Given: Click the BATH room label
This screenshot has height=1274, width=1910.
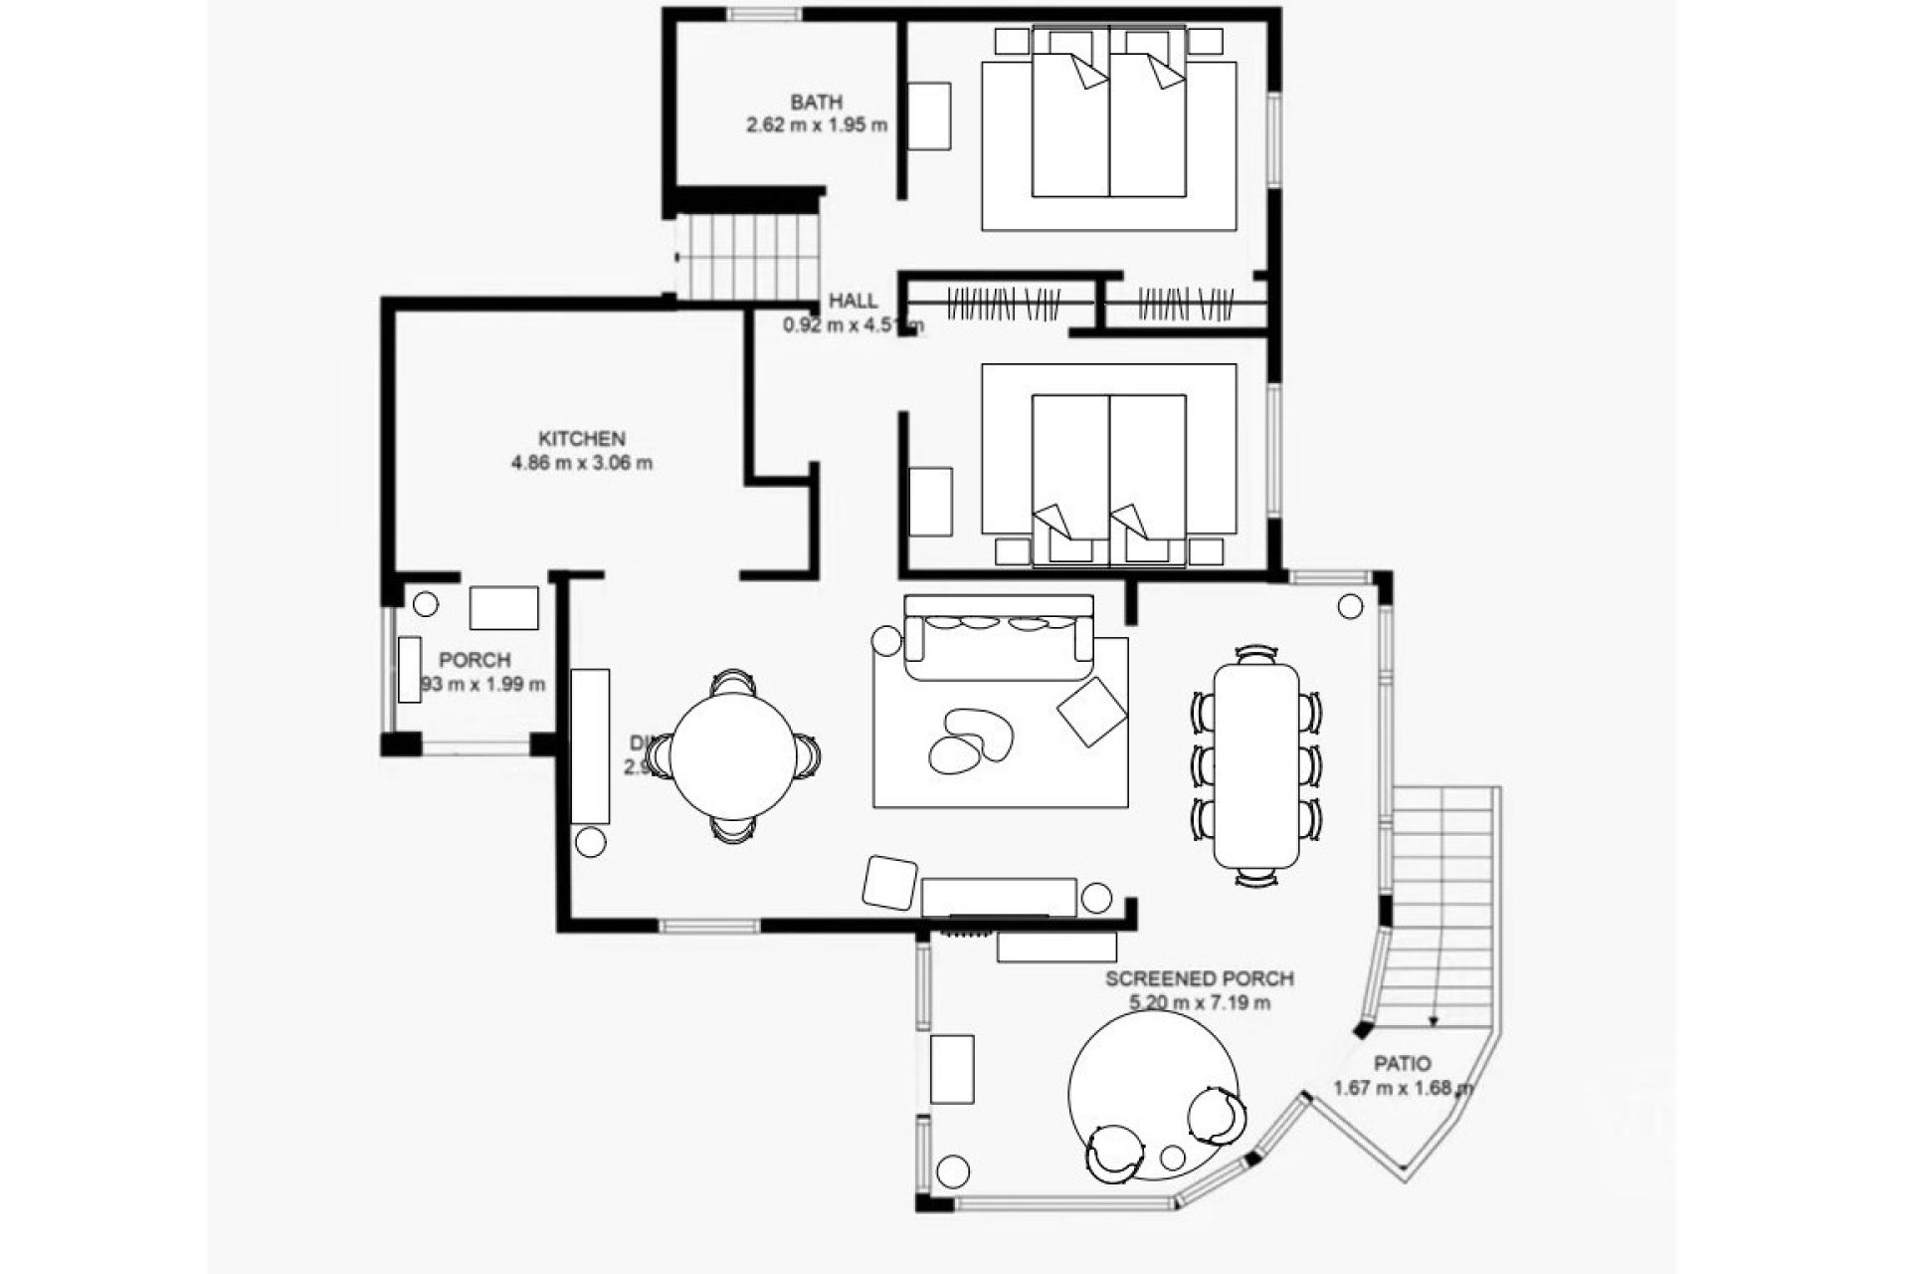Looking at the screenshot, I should click(x=816, y=102).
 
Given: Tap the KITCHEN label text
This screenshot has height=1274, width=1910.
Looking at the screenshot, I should click(x=582, y=439).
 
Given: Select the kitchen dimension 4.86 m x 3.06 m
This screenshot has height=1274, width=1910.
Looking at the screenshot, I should click(x=582, y=463).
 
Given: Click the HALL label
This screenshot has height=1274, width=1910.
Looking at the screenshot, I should click(x=854, y=301).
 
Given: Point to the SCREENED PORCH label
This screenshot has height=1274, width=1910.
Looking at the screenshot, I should click(x=1200, y=979).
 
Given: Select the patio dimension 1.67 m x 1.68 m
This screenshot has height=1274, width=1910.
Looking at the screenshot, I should click(x=1404, y=1088).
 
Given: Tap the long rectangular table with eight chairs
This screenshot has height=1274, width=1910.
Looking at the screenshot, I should click(x=1256, y=764).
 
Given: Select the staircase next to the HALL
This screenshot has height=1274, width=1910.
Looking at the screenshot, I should click(x=748, y=257).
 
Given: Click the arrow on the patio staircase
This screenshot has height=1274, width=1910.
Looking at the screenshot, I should click(x=1433, y=1018).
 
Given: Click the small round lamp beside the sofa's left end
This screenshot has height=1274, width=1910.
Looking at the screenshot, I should click(x=884, y=641).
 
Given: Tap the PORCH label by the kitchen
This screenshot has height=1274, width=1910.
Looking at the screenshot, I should click(x=475, y=660).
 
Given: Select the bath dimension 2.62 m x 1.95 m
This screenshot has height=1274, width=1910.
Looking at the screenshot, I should click(x=816, y=125).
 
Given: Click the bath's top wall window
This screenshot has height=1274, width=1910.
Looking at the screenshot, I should click(x=763, y=14).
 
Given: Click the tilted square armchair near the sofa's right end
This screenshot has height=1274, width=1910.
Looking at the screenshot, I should click(x=1091, y=710).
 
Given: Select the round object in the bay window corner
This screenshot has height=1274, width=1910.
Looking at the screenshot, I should click(x=1350, y=606).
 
